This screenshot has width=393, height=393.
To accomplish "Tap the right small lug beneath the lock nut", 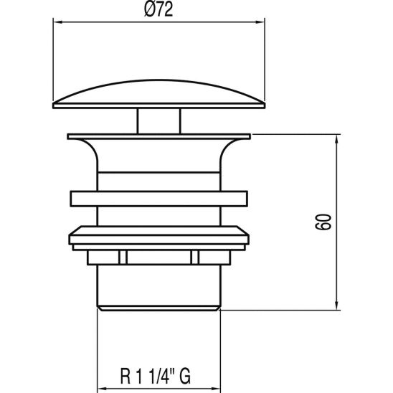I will click(195, 256).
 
